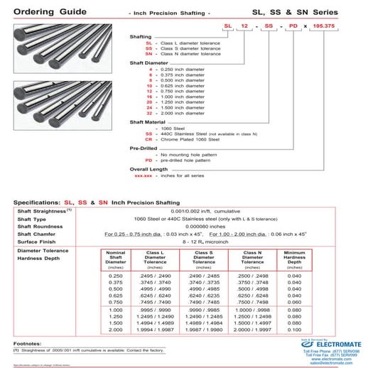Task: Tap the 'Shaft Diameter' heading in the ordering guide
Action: tap(148, 63)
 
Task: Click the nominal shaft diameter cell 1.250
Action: tap(116, 318)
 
